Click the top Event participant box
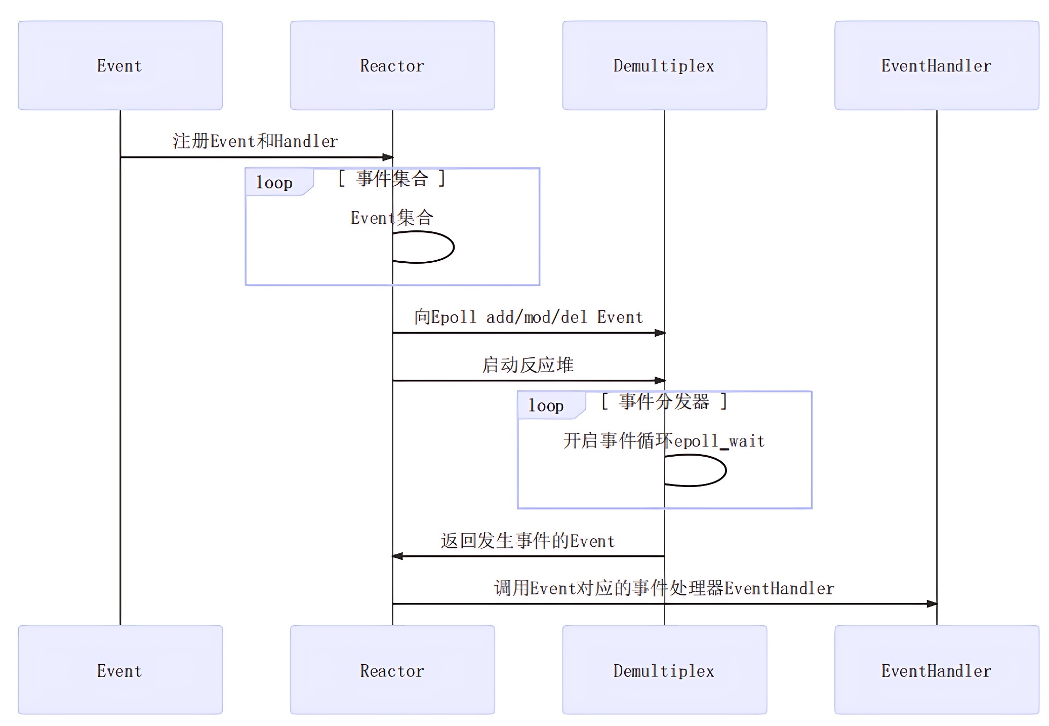click(x=120, y=65)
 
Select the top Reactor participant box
click(x=392, y=65)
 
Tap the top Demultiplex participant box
click(x=664, y=65)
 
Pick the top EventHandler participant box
click(x=936, y=65)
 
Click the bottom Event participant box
click(x=120, y=670)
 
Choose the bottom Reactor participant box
click(x=392, y=670)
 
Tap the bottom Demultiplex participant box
click(x=664, y=670)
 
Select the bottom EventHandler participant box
click(x=936, y=670)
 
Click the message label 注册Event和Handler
click(x=255, y=141)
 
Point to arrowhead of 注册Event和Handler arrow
click(x=388, y=157)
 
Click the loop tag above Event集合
click(x=274, y=183)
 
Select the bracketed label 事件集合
click(x=392, y=179)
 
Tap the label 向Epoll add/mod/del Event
click(x=529, y=317)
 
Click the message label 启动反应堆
click(x=528, y=365)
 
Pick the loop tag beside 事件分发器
click(x=546, y=406)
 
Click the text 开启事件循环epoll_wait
click(x=664, y=441)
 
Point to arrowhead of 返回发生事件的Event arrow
click(x=398, y=556)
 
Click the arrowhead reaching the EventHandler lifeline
click(x=932, y=604)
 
